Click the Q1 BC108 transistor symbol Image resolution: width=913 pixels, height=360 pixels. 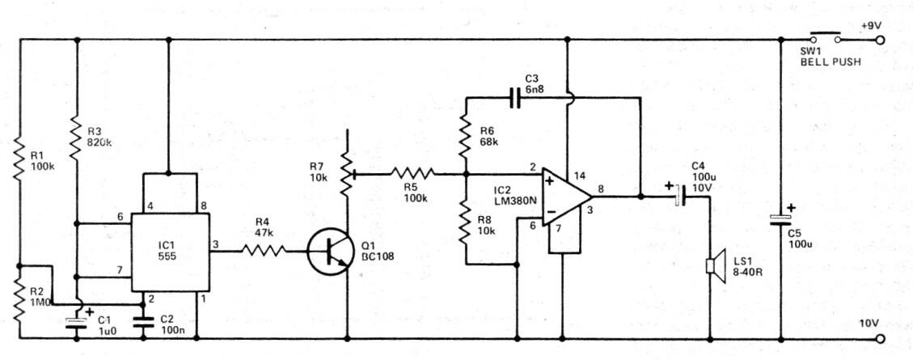(x=330, y=252)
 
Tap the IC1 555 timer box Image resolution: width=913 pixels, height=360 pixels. (x=170, y=252)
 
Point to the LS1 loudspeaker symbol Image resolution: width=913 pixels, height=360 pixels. (x=716, y=266)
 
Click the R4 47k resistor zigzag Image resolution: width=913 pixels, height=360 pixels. (x=264, y=251)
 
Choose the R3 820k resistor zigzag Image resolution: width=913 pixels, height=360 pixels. (x=77, y=138)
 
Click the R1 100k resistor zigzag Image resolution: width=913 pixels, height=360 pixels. (x=19, y=157)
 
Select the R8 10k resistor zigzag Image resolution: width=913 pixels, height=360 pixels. (x=466, y=222)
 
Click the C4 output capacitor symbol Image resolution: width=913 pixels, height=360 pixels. (x=679, y=197)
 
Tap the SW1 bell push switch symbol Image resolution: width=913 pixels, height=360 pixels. (x=825, y=37)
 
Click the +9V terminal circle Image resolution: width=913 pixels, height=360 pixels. (x=880, y=40)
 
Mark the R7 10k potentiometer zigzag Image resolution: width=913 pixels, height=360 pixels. (x=348, y=174)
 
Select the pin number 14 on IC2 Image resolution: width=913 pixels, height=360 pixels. (x=579, y=174)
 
